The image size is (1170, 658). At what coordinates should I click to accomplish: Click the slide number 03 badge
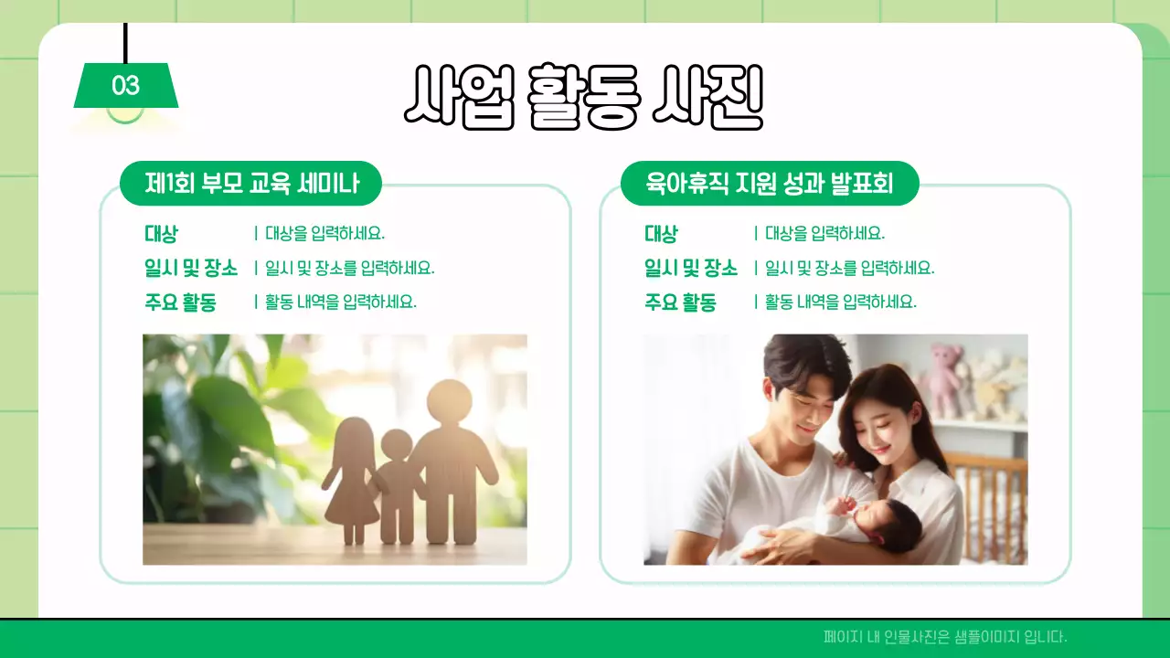(x=126, y=86)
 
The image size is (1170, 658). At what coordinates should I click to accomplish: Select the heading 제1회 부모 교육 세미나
(x=251, y=185)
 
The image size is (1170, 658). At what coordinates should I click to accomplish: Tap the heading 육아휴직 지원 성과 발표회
(x=769, y=185)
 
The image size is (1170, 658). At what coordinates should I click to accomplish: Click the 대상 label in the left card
(x=161, y=234)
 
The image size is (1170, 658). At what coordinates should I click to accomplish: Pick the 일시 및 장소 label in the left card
(x=190, y=268)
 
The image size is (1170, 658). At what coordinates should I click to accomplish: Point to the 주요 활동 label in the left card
(x=180, y=302)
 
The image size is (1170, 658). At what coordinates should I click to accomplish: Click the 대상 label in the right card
(x=661, y=234)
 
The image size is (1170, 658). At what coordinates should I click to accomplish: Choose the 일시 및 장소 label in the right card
(x=690, y=268)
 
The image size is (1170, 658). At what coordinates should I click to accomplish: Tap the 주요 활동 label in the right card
(x=680, y=302)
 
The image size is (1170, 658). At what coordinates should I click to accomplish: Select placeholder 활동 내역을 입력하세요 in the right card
(x=840, y=302)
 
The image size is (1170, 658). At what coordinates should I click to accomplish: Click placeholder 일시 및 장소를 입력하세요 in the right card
(x=849, y=269)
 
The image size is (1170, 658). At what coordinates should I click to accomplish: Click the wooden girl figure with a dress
(x=350, y=475)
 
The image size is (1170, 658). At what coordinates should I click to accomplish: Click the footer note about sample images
(x=945, y=637)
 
